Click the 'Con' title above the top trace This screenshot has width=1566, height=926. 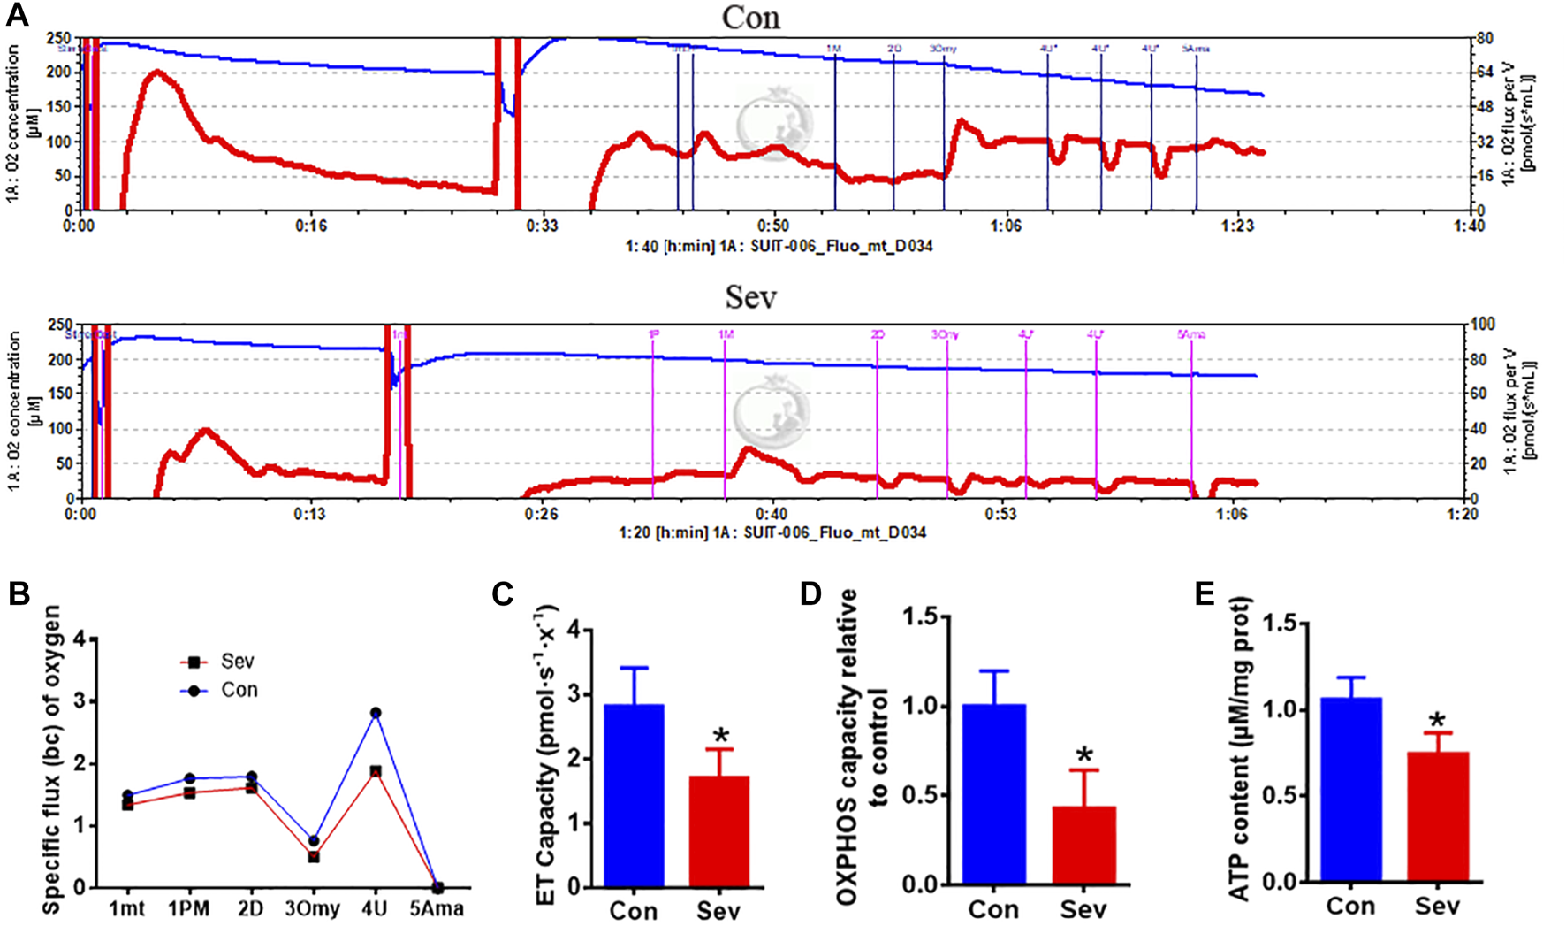(x=750, y=18)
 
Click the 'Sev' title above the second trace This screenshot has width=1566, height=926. (x=750, y=297)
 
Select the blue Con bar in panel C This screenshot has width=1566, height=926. (x=634, y=795)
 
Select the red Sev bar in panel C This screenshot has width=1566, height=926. (x=719, y=831)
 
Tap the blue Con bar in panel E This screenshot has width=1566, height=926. (x=1351, y=789)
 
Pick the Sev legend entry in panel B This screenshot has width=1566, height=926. (x=225, y=662)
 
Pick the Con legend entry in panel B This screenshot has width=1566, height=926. (x=225, y=690)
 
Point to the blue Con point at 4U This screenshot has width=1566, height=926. (x=375, y=713)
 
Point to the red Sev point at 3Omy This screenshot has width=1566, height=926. (x=314, y=857)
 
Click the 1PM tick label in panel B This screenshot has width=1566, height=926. (x=189, y=908)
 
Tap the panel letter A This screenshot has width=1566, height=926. (x=18, y=15)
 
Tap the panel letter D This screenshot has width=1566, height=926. (x=810, y=594)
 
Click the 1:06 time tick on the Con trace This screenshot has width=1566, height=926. (x=1006, y=226)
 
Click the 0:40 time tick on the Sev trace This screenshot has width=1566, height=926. (x=772, y=514)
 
